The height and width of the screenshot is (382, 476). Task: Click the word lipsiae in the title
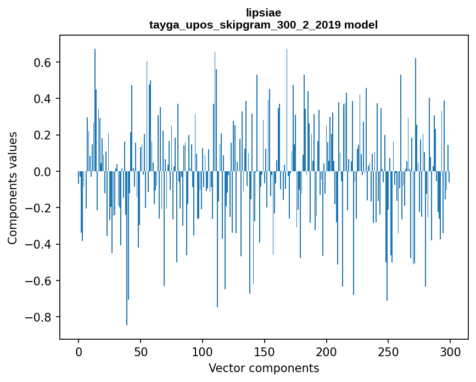point(264,13)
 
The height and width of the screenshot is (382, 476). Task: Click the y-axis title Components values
point(13,188)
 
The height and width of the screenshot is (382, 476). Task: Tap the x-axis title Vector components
point(264,368)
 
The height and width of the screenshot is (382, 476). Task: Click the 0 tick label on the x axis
point(79,351)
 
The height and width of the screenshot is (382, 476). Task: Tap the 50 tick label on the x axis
point(141,351)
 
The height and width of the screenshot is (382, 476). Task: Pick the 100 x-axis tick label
point(203,351)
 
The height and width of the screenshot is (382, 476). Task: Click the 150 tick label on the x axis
point(265,351)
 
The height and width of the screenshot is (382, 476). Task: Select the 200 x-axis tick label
point(327,351)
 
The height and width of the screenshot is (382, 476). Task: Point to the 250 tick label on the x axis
point(389,351)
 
